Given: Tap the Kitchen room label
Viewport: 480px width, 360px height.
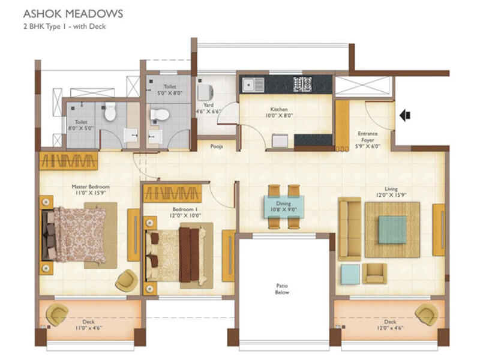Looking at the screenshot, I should [x=279, y=109].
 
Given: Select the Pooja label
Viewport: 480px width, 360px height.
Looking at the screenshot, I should [x=217, y=145].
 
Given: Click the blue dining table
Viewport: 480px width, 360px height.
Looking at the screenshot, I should [x=284, y=208].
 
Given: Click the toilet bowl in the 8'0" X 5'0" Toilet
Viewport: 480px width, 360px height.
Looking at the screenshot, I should [x=109, y=112].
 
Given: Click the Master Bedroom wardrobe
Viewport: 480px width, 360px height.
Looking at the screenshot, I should [x=68, y=161].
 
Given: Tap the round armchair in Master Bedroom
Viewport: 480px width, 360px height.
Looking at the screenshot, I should [x=126, y=280].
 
